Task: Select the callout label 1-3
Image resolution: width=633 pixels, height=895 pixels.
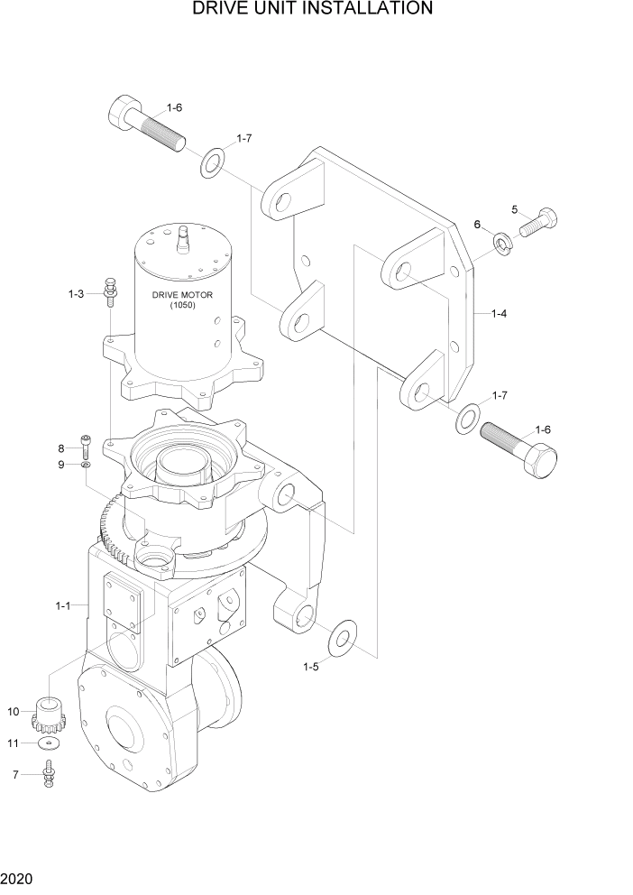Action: (x=77, y=294)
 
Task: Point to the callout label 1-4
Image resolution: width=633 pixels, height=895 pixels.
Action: (x=499, y=314)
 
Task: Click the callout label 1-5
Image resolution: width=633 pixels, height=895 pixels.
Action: (x=310, y=667)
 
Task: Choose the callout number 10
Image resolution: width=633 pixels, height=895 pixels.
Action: (x=14, y=712)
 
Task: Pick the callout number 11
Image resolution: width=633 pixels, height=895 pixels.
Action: (x=14, y=743)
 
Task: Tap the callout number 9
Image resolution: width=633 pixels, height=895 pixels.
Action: (x=61, y=465)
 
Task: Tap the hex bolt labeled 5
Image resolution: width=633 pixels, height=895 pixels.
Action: (x=538, y=222)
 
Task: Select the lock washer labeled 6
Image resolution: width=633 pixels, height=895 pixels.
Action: (x=503, y=242)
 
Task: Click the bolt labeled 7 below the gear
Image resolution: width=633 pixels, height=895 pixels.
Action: (x=49, y=772)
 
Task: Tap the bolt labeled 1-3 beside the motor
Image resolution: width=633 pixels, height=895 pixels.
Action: (x=110, y=289)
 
